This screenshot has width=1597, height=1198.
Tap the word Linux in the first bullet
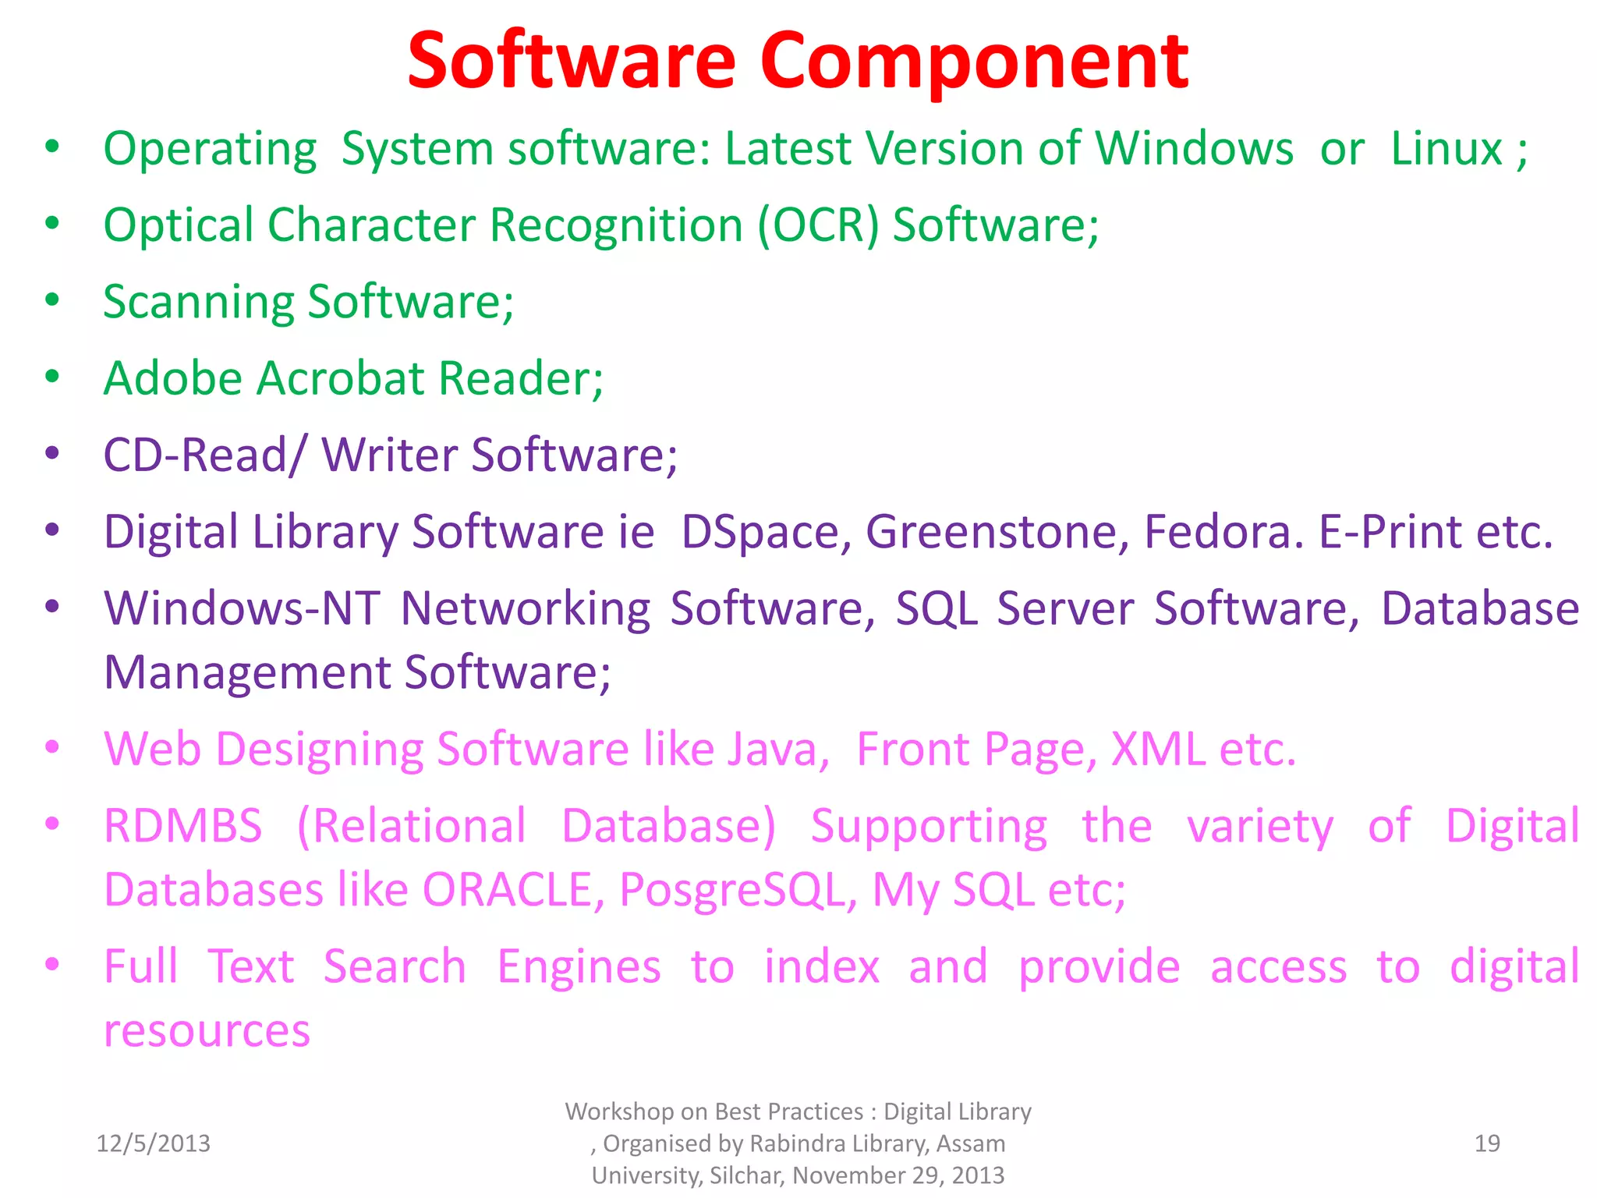tap(1446, 148)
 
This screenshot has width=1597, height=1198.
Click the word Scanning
tap(199, 303)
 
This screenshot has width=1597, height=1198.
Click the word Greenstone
tap(997, 532)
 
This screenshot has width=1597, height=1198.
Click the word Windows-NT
tap(243, 608)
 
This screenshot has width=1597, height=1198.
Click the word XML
tap(1157, 749)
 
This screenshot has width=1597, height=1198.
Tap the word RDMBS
tap(183, 826)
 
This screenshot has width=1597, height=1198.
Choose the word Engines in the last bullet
tap(579, 967)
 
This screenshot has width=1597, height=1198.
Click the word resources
tap(207, 1031)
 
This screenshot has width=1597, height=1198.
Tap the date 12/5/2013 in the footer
tap(153, 1143)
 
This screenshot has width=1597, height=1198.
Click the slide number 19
tap(1487, 1143)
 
